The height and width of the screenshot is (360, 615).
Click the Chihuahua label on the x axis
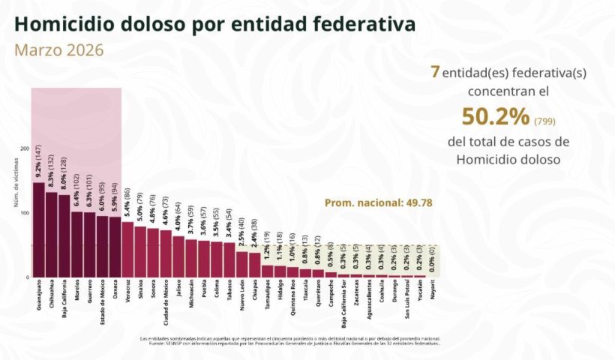pos(51,296)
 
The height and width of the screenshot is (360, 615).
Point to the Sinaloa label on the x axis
pos(140,292)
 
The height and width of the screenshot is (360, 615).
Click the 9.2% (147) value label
pos(38,163)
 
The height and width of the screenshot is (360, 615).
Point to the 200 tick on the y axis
pos(25,148)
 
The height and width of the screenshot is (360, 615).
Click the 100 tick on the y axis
pos(25,214)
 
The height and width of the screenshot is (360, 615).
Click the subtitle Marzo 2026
pos(58,50)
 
